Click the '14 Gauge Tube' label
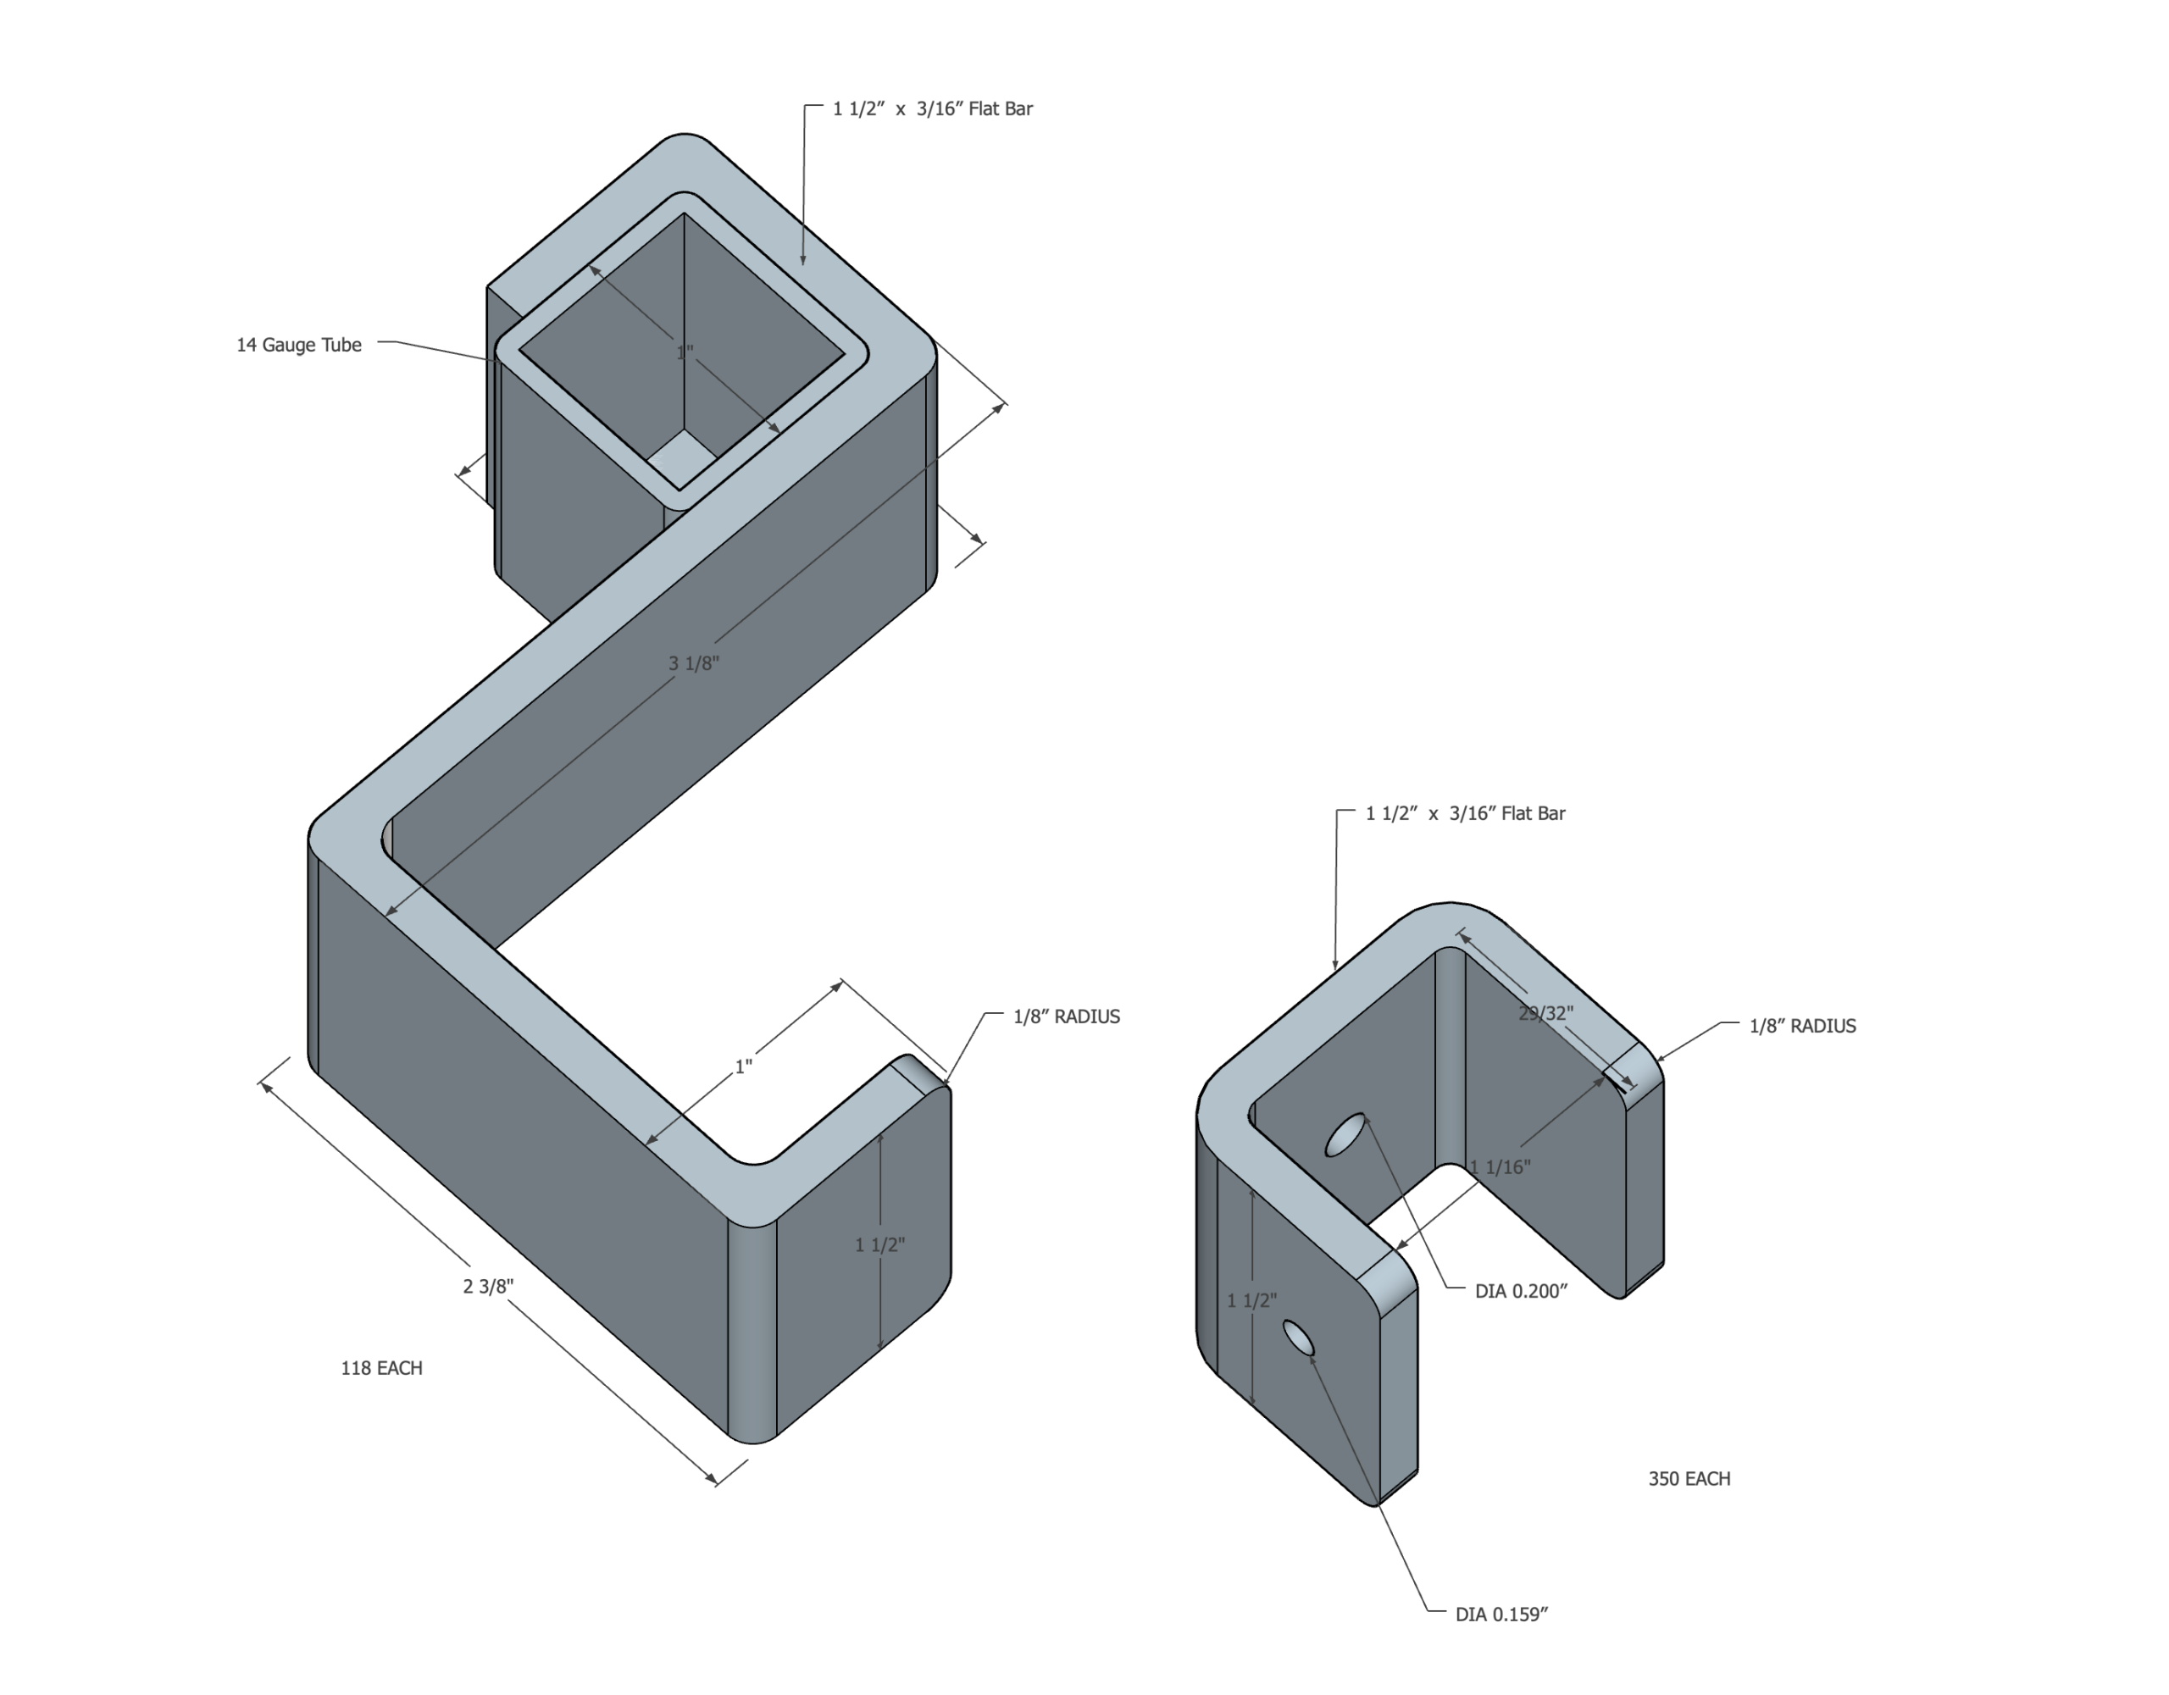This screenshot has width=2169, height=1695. (x=299, y=345)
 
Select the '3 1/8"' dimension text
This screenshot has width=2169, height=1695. (x=693, y=663)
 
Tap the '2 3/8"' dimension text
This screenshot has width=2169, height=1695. (x=489, y=1286)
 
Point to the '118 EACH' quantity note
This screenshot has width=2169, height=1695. (x=381, y=1367)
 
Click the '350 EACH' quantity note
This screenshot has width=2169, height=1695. (x=1689, y=1478)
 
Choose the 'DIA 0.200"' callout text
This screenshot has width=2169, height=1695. (x=1522, y=1291)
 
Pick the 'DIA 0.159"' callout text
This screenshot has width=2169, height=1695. (x=1501, y=1615)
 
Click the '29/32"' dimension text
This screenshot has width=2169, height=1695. (x=1546, y=1013)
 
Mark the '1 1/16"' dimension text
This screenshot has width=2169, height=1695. (x=1501, y=1166)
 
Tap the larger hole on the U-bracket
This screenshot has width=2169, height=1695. (x=1345, y=1135)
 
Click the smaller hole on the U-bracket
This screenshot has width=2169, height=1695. (x=1298, y=1338)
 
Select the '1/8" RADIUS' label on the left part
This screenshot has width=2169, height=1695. (x=1067, y=1016)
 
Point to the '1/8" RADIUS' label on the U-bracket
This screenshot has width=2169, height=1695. (x=1802, y=1026)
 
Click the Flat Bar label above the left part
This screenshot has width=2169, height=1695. (x=933, y=108)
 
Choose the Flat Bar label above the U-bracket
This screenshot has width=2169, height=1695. (x=1466, y=813)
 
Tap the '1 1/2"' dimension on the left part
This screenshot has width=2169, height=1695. (x=880, y=1244)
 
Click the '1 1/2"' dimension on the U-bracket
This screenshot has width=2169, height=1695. (x=1251, y=1299)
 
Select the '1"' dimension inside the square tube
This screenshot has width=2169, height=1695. (x=685, y=352)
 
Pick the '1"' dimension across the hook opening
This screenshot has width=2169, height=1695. (x=743, y=1066)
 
